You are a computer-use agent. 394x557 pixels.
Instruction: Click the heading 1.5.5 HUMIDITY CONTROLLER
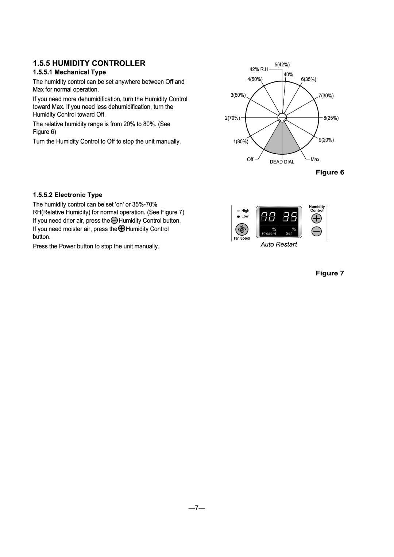click(89, 63)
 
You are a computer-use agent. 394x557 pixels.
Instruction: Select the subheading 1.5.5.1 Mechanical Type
click(69, 72)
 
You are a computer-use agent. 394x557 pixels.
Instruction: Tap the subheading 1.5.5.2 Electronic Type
click(67, 195)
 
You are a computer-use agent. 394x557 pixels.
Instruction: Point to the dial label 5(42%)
click(282, 65)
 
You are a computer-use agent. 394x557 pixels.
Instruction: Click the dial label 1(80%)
click(241, 142)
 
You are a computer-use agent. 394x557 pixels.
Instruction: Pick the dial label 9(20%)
click(327, 140)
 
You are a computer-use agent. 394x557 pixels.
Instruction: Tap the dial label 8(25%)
click(331, 118)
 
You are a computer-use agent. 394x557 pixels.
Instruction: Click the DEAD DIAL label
click(282, 162)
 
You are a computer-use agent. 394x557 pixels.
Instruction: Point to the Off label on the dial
click(250, 159)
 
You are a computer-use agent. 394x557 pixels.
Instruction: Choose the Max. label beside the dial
click(315, 159)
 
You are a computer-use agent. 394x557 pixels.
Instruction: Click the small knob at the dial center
click(282, 117)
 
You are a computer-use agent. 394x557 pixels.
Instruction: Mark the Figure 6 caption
click(332, 173)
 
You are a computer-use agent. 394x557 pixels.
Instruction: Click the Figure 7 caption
click(332, 273)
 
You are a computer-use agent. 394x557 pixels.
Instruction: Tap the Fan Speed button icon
click(241, 229)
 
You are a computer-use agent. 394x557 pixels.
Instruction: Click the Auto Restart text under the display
click(279, 244)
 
